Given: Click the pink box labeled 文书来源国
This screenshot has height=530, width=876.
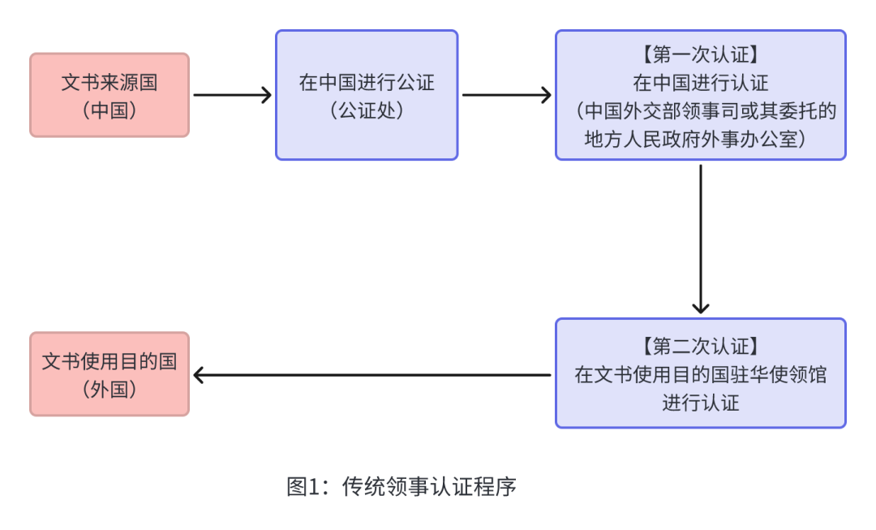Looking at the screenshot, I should (x=109, y=95).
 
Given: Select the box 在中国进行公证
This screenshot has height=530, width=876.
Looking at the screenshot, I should (x=367, y=95).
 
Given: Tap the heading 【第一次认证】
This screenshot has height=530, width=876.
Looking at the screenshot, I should (x=700, y=55).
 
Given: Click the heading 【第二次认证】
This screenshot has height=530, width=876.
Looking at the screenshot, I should (x=700, y=347).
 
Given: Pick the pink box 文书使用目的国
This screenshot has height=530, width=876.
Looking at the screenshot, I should (x=109, y=374).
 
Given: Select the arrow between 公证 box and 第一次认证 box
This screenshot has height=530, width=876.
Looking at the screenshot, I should (x=506, y=95).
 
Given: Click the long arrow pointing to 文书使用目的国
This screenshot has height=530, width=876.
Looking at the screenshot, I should (x=373, y=375).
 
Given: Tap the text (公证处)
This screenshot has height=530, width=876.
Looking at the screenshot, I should (x=367, y=110).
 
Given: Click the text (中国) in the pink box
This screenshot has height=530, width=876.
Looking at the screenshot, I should (x=109, y=110).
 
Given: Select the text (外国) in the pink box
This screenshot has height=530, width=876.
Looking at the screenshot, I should (x=109, y=390).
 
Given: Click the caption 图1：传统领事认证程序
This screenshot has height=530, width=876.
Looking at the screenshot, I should (x=401, y=487).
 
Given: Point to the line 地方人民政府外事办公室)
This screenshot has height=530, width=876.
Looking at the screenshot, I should (x=700, y=139).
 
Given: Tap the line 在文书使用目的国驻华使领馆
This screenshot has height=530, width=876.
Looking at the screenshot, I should (x=700, y=375).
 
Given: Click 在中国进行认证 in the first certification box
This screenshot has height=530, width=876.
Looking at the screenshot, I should (x=700, y=83).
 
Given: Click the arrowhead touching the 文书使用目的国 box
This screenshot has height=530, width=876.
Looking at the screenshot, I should (x=199, y=375).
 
